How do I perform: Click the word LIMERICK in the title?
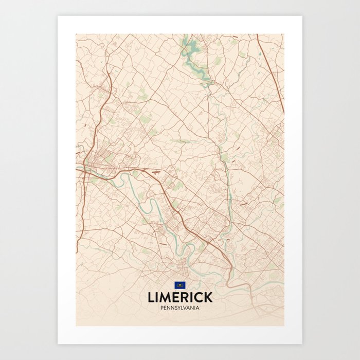tap(179, 297)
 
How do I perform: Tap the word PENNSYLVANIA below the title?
tap(179, 308)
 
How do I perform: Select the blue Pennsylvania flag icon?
tap(179, 285)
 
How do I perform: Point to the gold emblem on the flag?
tap(179, 285)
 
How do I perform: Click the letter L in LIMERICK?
tap(151, 297)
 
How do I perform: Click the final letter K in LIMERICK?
tap(208, 297)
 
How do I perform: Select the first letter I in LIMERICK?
tap(158, 297)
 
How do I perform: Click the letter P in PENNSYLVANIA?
tap(161, 308)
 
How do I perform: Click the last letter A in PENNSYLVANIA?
tap(198, 308)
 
